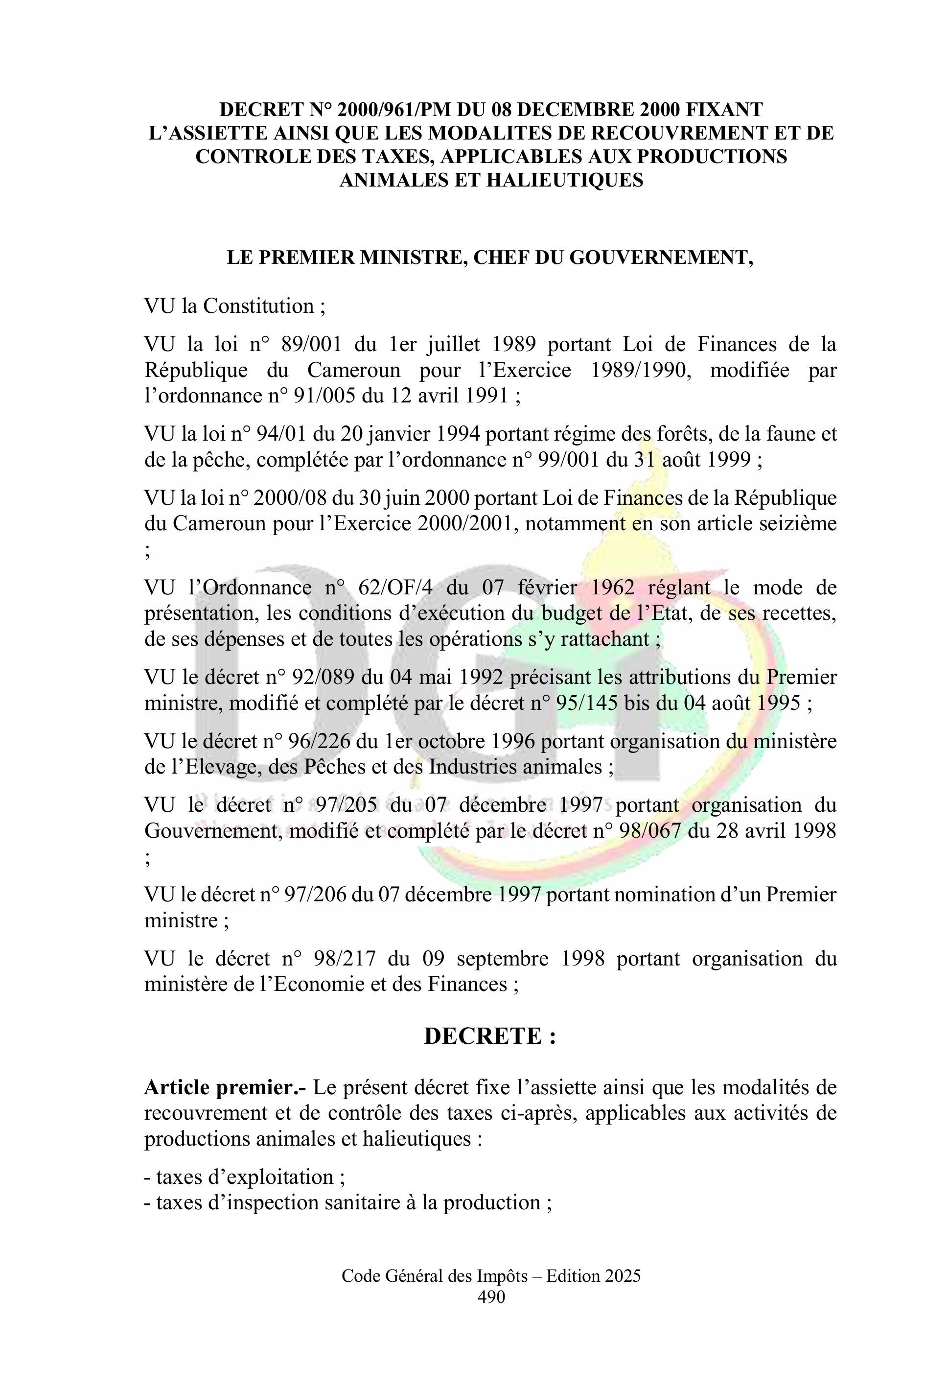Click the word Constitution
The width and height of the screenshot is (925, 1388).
(x=257, y=306)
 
